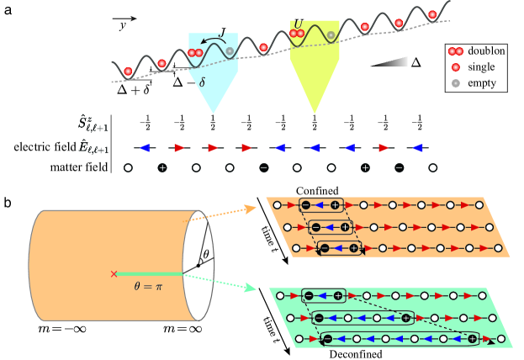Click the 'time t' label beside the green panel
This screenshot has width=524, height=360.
271,313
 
